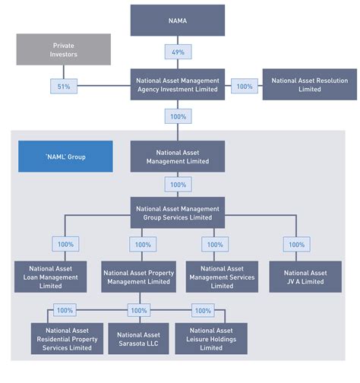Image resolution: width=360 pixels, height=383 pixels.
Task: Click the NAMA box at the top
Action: pyautogui.click(x=178, y=21)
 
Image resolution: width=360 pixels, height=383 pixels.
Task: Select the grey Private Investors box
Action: pyautogui.click(x=65, y=50)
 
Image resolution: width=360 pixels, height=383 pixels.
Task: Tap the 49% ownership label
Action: pyautogui.click(x=177, y=52)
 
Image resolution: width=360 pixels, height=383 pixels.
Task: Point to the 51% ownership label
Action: pyautogui.click(x=64, y=87)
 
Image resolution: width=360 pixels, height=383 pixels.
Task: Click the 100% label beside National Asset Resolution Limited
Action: pyautogui.click(x=244, y=87)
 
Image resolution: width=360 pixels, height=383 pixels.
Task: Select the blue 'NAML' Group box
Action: pyautogui.click(x=65, y=156)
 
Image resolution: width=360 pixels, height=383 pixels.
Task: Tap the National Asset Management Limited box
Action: pyautogui.click(x=177, y=156)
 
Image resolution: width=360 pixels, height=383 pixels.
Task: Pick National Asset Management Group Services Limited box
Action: pyautogui.click(x=177, y=213)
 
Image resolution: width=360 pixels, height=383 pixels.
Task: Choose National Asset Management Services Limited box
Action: pyautogui.click(x=222, y=277)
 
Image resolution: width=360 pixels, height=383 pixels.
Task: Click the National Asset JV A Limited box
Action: pyautogui.click(x=305, y=277)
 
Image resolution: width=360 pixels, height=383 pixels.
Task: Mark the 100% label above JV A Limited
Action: pyautogui.click(x=296, y=245)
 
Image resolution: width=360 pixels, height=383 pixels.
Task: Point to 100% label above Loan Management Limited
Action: pyautogui.click(x=65, y=245)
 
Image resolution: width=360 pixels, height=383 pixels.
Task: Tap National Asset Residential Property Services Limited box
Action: pyautogui.click(x=65, y=338)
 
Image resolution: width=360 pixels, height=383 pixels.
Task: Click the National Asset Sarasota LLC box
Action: pyautogui.click(x=138, y=338)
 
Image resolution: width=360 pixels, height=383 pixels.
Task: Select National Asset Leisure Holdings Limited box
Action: pyautogui.click(x=211, y=338)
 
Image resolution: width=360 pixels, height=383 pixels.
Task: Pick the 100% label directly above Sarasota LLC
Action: pyautogui.click(x=138, y=310)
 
